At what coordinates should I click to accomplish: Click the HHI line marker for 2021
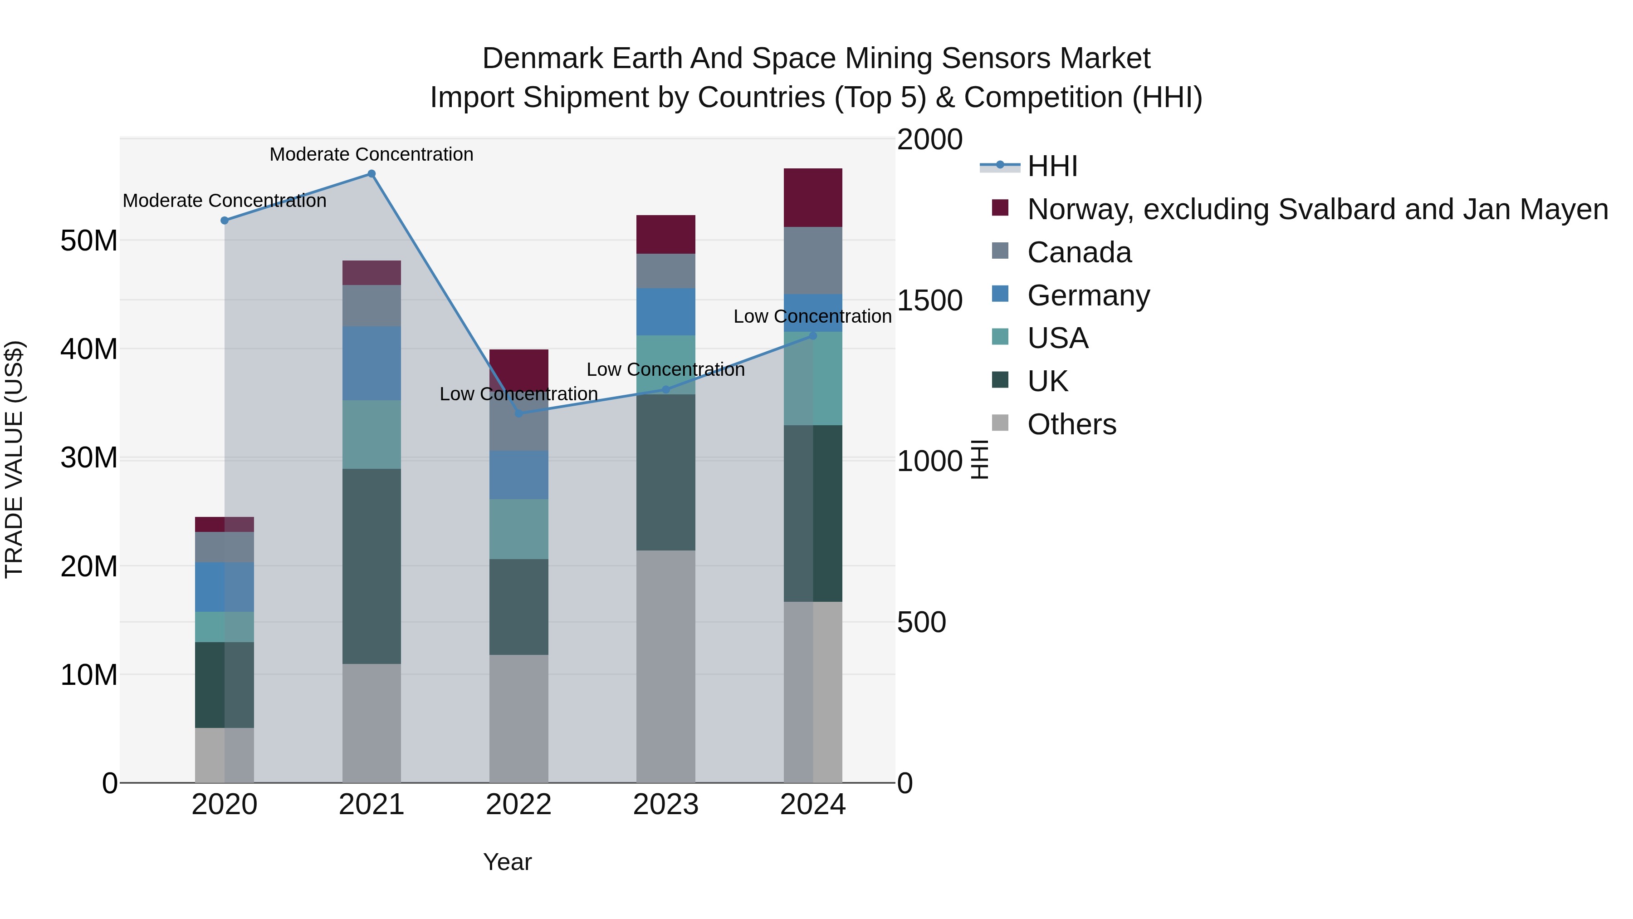pos(372,174)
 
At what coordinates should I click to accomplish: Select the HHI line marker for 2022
pos(518,413)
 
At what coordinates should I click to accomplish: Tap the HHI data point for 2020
pos(225,220)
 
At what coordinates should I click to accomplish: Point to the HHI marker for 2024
pos(813,335)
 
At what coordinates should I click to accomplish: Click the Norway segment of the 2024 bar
pos(813,198)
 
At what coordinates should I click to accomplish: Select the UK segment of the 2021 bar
pos(372,566)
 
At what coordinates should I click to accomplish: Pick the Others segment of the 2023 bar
pos(665,666)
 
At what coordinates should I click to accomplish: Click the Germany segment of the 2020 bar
pos(225,587)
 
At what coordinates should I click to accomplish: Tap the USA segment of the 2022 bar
pos(518,529)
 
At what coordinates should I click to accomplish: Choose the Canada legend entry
pos(1079,252)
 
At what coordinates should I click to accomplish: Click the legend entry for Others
pos(1071,424)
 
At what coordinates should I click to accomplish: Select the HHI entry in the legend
pos(1052,166)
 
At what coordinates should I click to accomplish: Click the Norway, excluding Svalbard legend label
pos(1317,209)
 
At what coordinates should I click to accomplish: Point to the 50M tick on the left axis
pos(89,241)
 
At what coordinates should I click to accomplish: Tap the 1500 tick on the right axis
pos(929,300)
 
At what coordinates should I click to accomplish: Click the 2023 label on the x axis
pos(665,805)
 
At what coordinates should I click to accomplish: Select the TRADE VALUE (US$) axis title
pos(14,459)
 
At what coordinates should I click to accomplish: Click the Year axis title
pos(507,862)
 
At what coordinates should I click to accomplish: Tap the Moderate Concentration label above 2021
pos(372,154)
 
